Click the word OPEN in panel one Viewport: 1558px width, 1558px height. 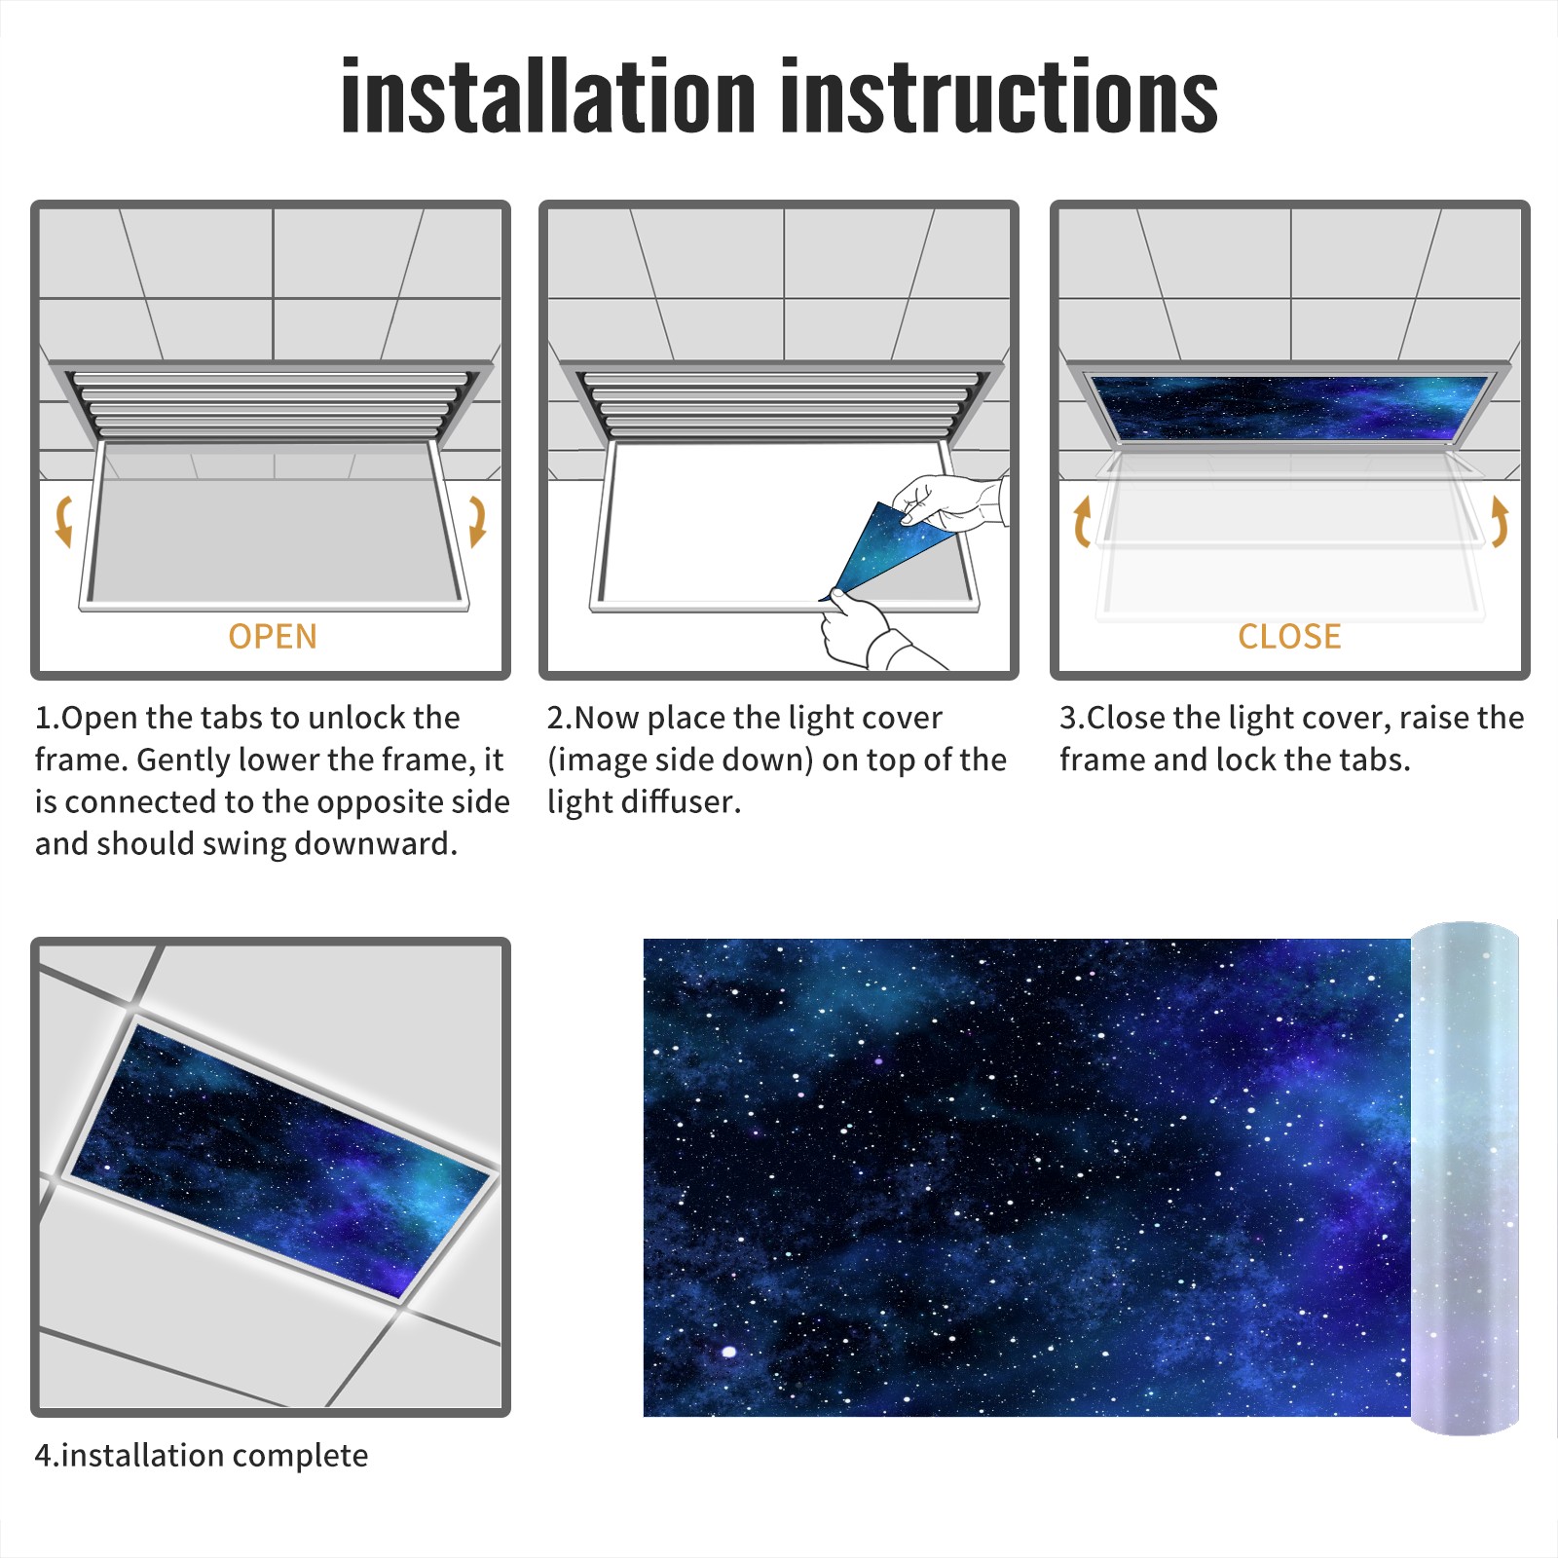pyautogui.click(x=273, y=637)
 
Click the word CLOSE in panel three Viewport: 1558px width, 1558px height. pyautogui.click(x=1289, y=637)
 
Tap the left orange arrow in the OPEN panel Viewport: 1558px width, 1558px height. pyautogui.click(x=64, y=521)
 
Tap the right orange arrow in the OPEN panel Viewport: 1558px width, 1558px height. pyautogui.click(x=477, y=521)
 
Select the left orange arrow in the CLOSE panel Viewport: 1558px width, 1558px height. pyautogui.click(x=1082, y=521)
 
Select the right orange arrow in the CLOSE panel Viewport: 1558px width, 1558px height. pyautogui.click(x=1500, y=521)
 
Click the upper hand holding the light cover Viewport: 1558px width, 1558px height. pyautogui.click(x=949, y=501)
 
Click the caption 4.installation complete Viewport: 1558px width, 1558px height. pyautogui.click(x=202, y=1456)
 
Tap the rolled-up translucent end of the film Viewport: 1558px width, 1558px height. pyautogui.click(x=1465, y=1178)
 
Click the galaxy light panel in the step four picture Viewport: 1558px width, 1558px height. pyautogui.click(x=280, y=1159)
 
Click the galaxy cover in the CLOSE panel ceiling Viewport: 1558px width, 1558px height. pyautogui.click(x=1290, y=406)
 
